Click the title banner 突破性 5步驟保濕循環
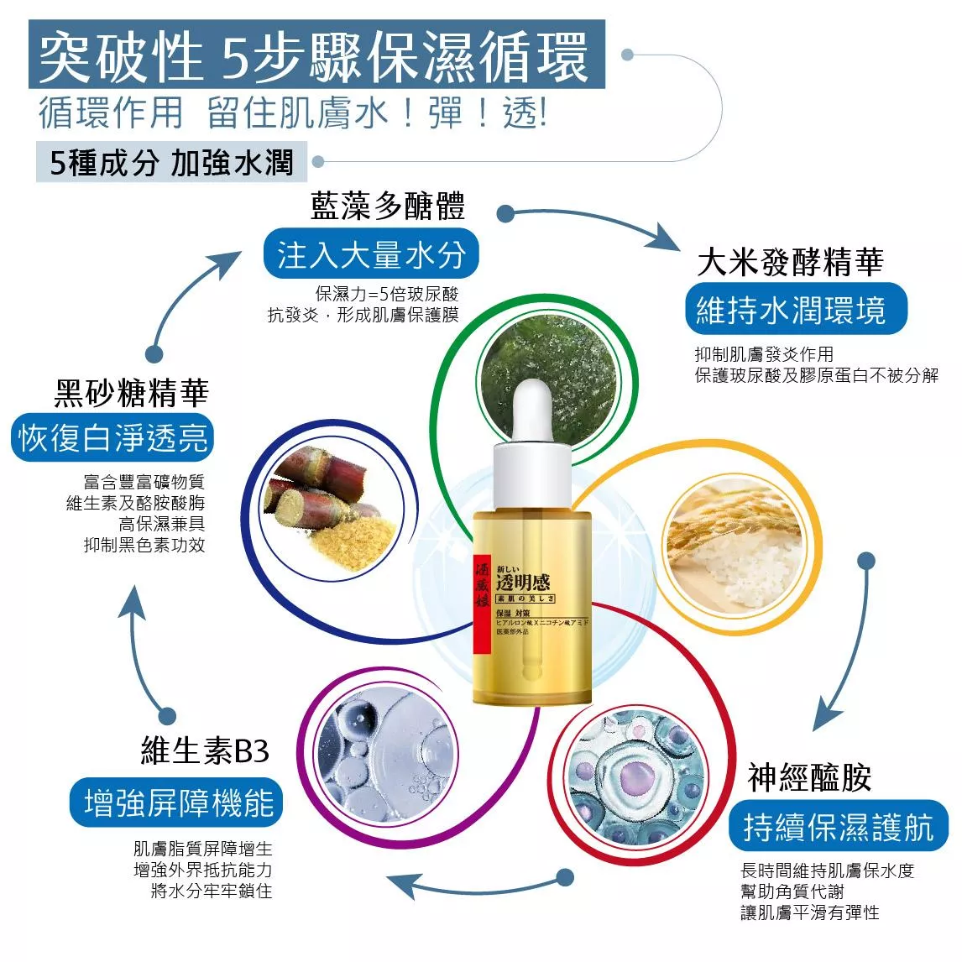pos(316,55)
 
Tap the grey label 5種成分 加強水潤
pos(171,162)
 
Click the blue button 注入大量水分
pos(370,254)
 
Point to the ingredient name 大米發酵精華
pos(790,263)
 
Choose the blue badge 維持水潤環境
pos(790,311)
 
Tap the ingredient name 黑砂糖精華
pos(132,392)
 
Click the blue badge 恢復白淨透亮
pos(112,438)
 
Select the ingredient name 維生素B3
pos(206,750)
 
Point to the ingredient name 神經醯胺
pos(809,777)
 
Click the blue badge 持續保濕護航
pos(838,828)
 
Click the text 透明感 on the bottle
pos(522,583)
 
